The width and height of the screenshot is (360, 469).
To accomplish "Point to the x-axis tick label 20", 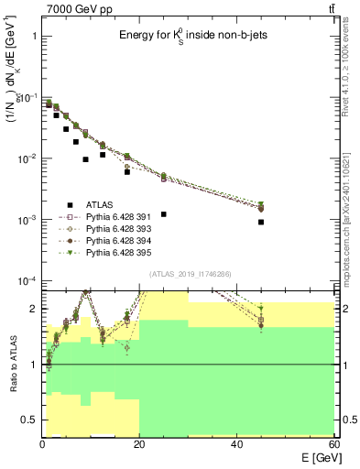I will pos(139,443).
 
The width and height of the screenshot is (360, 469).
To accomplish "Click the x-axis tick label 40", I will pos(236,443).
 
